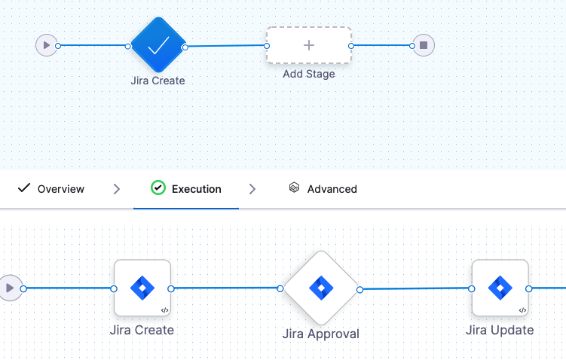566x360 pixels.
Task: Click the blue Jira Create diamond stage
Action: pos(158,46)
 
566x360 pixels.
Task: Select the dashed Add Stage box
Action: pos(308,45)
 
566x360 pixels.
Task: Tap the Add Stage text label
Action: pos(308,74)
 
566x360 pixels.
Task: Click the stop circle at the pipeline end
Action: pos(424,45)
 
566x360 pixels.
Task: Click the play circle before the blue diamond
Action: pos(47,45)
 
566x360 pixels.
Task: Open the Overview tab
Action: pos(60,189)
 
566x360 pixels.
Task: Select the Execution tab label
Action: pos(196,189)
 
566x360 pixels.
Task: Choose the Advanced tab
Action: pos(332,189)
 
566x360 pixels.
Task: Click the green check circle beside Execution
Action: pos(158,188)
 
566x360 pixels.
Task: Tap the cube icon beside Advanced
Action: pos(294,188)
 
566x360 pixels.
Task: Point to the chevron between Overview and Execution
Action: pos(116,189)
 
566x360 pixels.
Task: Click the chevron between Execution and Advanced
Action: pos(252,189)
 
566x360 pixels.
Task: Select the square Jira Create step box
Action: pos(142,288)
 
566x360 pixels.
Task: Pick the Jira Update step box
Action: pos(500,288)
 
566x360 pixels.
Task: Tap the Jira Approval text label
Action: pos(320,334)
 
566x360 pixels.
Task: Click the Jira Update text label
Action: pos(500,330)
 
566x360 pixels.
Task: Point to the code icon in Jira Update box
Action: pos(522,310)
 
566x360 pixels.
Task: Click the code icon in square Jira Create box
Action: pos(164,310)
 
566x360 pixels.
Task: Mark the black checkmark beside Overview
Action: pos(23,188)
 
